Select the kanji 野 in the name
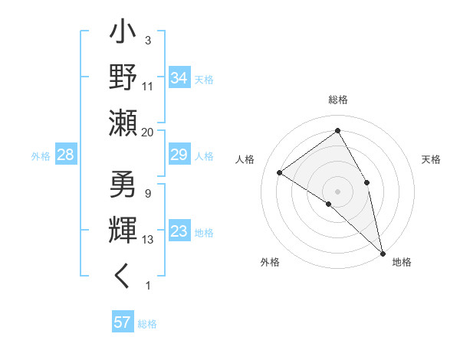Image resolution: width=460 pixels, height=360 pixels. click(x=124, y=77)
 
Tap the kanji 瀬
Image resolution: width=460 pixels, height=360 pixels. click(x=124, y=122)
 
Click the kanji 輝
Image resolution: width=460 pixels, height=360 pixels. click(x=124, y=231)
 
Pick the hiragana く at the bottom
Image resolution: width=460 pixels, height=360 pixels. click(x=123, y=275)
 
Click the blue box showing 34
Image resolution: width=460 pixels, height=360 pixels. click(x=179, y=78)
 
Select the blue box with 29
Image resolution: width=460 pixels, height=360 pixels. click(x=179, y=155)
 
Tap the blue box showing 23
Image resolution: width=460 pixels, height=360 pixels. click(x=179, y=231)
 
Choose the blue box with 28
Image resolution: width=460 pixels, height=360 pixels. click(x=66, y=155)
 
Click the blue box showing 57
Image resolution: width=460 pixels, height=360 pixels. click(x=123, y=322)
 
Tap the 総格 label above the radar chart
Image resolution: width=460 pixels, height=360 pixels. click(x=337, y=100)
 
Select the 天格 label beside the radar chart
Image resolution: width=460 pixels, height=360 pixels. click(x=432, y=159)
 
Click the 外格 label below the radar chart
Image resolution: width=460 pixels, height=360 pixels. click(x=270, y=262)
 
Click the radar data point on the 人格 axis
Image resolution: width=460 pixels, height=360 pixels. click(x=280, y=172)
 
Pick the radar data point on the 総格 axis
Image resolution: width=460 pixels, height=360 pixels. click(x=337, y=131)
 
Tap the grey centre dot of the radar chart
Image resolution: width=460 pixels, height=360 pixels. click(x=337, y=191)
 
